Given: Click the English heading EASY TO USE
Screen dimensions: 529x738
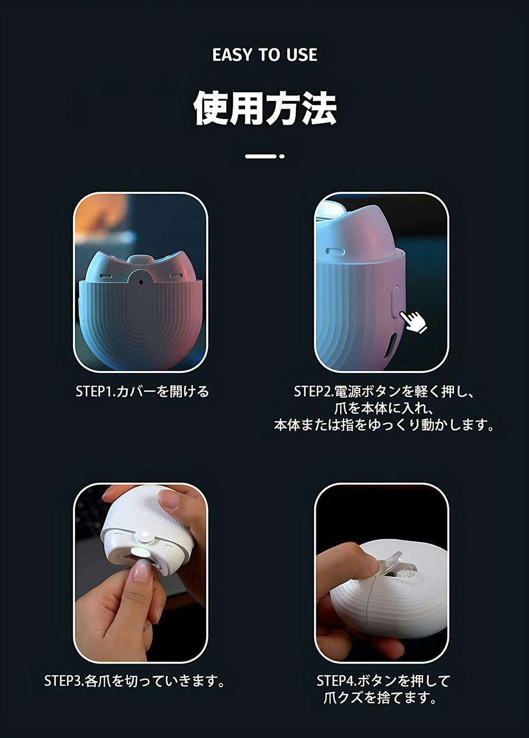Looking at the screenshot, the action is (264, 55).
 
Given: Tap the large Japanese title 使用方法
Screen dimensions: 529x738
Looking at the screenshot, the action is (264, 108).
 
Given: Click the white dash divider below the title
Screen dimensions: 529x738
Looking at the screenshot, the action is (264, 156).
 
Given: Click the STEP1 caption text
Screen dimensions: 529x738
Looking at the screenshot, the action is (142, 391).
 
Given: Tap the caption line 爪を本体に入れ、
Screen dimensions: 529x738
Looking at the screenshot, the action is (384, 408).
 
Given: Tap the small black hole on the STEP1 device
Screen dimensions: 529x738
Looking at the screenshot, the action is (141, 282).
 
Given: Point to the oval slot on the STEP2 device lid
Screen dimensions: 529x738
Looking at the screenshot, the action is (335, 251).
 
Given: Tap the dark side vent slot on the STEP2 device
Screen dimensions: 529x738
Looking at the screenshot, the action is (390, 347).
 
